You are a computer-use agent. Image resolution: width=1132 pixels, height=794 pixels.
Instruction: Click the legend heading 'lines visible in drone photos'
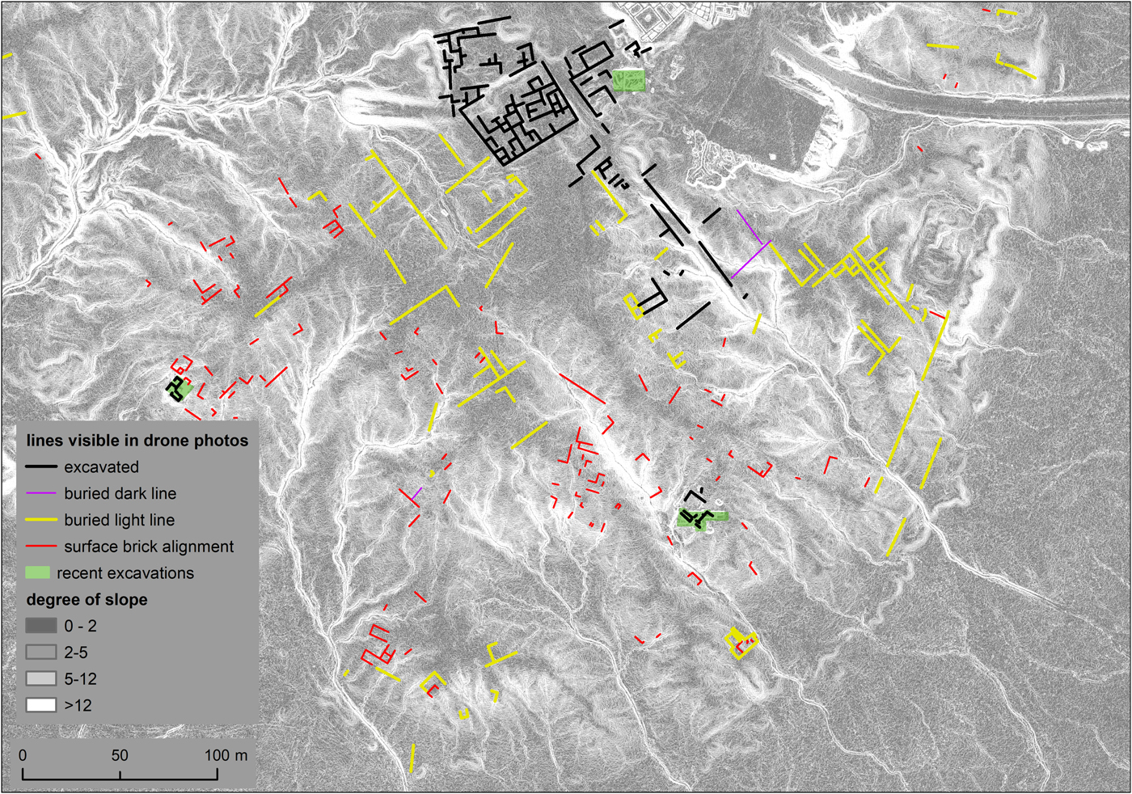[x=137, y=441]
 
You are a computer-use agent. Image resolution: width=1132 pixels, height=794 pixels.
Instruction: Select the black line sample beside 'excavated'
[x=40, y=467]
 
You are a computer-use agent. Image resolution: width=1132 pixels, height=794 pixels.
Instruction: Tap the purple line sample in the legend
[x=40, y=493]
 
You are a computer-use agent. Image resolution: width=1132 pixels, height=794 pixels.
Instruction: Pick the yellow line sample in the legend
[x=40, y=520]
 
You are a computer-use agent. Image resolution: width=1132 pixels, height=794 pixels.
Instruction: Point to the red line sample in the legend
[x=40, y=547]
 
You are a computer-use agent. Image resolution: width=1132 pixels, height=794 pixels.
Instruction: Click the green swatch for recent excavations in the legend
[x=38, y=572]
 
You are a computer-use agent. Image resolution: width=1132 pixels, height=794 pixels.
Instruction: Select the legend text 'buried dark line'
[x=120, y=493]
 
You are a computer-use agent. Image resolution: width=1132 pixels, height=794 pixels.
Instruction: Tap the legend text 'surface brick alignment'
[x=149, y=547]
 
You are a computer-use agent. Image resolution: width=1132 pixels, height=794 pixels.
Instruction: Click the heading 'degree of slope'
[x=87, y=600]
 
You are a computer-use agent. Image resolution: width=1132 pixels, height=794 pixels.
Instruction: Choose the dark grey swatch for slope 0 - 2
[x=40, y=626]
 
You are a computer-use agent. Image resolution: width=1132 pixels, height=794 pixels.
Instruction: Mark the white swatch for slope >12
[x=40, y=705]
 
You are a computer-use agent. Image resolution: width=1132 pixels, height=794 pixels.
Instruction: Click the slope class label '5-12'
[x=81, y=679]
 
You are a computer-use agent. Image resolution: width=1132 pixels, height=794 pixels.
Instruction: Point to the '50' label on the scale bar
[x=120, y=755]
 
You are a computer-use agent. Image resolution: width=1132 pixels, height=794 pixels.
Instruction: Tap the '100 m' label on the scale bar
[x=226, y=755]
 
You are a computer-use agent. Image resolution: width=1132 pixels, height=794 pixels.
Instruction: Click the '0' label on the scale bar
[x=23, y=755]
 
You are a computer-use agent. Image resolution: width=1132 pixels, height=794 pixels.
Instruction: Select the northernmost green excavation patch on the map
[x=629, y=80]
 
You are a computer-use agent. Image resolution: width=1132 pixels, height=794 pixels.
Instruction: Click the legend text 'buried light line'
[x=119, y=520]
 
